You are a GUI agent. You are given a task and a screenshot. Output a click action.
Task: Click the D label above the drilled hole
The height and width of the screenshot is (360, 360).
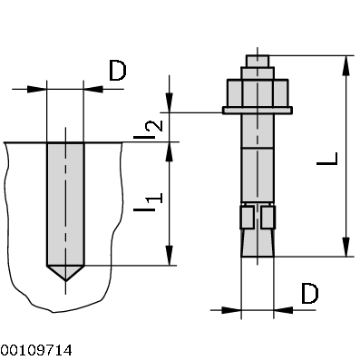pyautogui.click(x=118, y=72)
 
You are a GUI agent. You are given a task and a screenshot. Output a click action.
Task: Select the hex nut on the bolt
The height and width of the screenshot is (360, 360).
pyautogui.click(x=258, y=92)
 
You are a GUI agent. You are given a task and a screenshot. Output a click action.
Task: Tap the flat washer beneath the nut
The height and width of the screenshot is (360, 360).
pyautogui.click(x=258, y=112)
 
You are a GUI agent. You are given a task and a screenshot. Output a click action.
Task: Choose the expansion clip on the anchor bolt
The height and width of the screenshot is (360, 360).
pyautogui.click(x=258, y=218)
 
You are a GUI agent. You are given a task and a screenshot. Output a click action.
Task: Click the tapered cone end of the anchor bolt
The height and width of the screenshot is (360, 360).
pyautogui.click(x=258, y=244)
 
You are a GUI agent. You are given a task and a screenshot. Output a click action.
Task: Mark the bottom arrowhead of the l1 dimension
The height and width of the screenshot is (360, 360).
pyautogui.click(x=168, y=258)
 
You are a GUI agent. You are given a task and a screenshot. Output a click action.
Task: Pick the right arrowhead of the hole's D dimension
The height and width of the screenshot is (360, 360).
pyautogui.click(x=91, y=89)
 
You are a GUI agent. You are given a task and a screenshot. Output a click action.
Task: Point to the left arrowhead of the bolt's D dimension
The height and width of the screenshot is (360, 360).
pyautogui.click(x=234, y=310)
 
